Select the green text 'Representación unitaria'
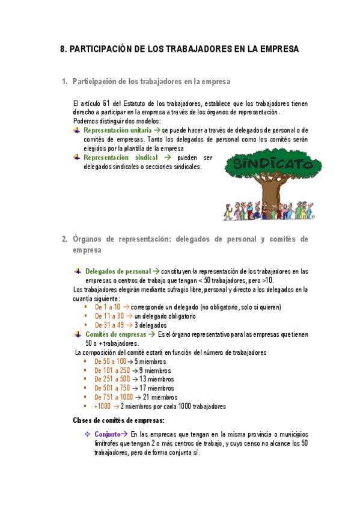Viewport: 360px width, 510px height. (117, 130)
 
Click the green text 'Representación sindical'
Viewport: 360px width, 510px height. (121, 157)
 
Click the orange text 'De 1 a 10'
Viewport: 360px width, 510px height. (108, 307)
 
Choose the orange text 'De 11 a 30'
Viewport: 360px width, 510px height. (109, 316)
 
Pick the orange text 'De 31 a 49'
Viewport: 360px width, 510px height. (109, 325)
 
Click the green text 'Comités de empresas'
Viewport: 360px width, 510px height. (115, 334)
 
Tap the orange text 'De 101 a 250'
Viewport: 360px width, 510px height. (112, 370)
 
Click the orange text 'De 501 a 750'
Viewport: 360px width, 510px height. (112, 389)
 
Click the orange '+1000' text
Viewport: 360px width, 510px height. (102, 407)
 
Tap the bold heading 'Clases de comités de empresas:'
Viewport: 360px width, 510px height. (118, 420)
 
